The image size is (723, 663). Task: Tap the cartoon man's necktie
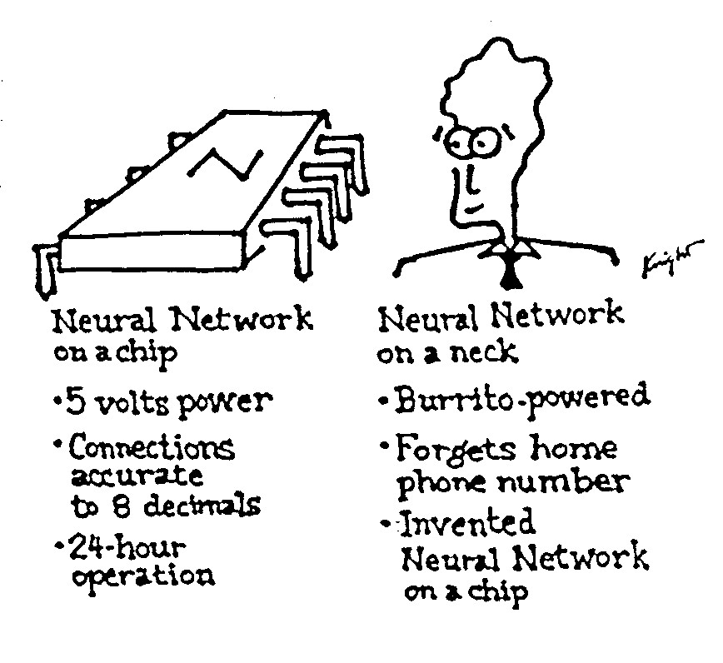point(509,266)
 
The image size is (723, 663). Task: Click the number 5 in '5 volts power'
point(72,403)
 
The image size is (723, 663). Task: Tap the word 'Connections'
point(151,449)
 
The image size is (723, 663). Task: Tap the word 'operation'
point(141,576)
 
